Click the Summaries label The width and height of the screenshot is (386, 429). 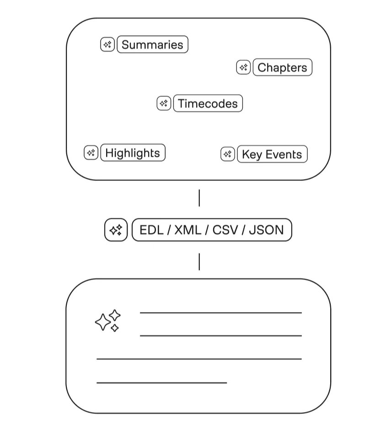(x=152, y=45)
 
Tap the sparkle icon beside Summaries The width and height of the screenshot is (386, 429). (x=107, y=45)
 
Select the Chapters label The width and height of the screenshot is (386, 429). (x=282, y=68)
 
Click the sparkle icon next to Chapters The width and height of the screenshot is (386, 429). (x=243, y=68)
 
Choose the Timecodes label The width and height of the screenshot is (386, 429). (x=208, y=104)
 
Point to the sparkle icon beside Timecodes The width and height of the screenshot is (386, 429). (x=164, y=103)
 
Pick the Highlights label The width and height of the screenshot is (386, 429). (x=133, y=153)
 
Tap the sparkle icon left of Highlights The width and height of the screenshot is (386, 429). (x=91, y=153)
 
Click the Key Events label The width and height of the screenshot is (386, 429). (x=272, y=154)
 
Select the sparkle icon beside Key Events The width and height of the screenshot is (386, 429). (x=228, y=154)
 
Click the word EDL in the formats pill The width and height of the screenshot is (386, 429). (x=151, y=230)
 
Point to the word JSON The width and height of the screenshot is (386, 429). (x=266, y=230)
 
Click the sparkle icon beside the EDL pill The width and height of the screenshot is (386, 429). (x=116, y=230)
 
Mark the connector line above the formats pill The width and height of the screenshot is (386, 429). (x=199, y=198)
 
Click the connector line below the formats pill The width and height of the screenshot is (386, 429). (x=199, y=262)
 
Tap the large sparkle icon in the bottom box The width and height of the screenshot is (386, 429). (x=108, y=320)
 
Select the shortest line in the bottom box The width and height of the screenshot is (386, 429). (x=162, y=382)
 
